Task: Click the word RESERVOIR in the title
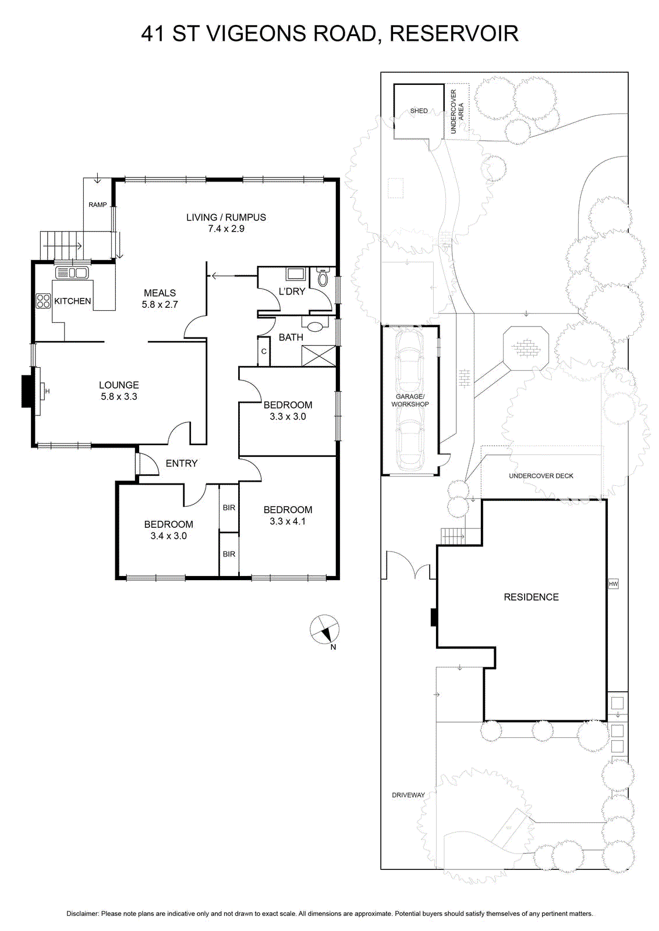[454, 34]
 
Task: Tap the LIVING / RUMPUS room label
[226, 217]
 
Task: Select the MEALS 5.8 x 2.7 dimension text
[160, 304]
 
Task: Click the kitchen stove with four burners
[43, 300]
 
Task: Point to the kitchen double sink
[72, 273]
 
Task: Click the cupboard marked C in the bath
[264, 351]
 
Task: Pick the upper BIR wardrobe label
[229, 507]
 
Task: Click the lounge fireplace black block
[26, 390]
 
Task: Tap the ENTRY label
[181, 463]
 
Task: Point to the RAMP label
[97, 204]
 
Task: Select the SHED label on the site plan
[419, 111]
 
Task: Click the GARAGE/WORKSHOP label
[410, 400]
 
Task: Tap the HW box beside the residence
[613, 584]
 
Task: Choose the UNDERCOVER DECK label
[541, 476]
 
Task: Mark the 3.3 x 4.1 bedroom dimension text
[288, 521]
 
